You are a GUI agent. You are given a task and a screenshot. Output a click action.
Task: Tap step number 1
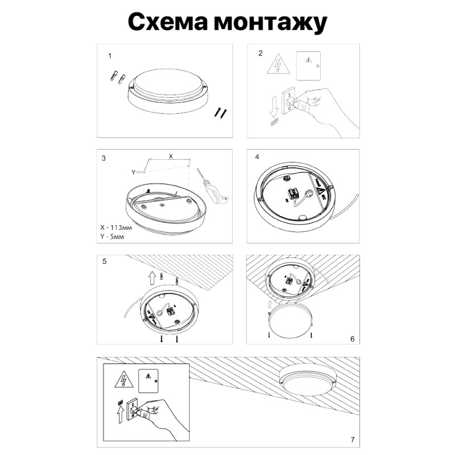110,57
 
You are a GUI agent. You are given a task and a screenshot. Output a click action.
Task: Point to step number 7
353,440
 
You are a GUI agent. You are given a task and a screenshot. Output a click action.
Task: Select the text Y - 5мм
112,235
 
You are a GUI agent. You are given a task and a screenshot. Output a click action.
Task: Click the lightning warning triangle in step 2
279,66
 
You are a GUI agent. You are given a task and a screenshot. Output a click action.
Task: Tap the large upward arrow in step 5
151,278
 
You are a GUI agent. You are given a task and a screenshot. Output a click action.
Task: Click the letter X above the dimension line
170,155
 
